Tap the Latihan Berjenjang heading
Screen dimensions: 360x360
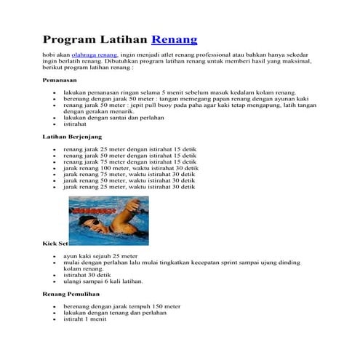(72, 137)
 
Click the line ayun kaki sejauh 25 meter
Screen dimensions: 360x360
(100, 256)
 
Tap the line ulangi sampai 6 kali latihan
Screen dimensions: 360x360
(103, 281)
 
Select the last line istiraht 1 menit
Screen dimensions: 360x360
(85, 319)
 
